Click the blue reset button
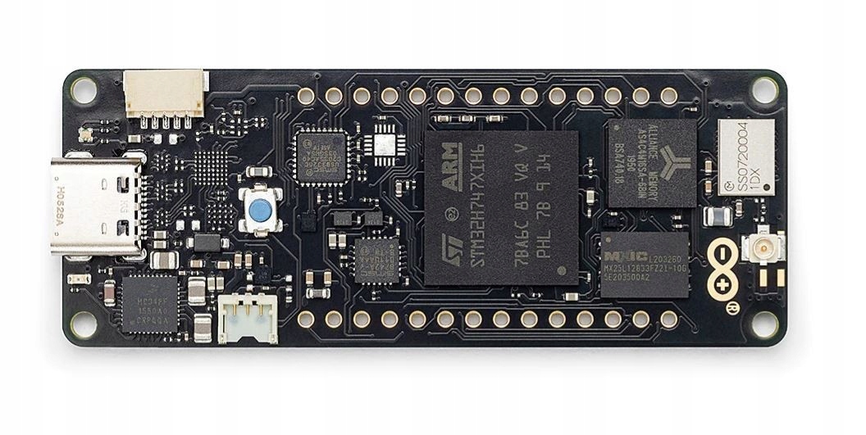tap(260, 211)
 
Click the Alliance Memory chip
tap(652, 162)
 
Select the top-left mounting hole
tap(83, 88)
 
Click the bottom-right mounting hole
tap(764, 324)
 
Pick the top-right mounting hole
tap(764, 88)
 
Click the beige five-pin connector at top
tap(165, 93)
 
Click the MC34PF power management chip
tap(149, 303)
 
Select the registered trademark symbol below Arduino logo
tap(732, 306)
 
